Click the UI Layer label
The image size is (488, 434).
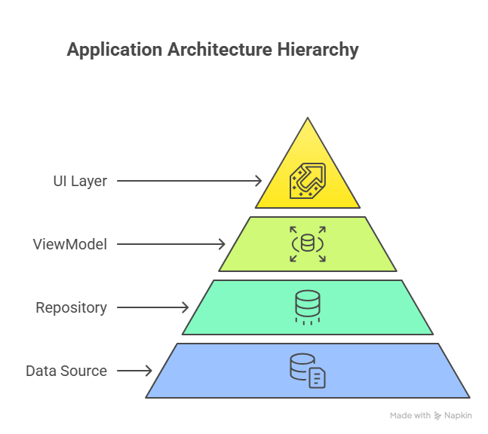[x=80, y=181]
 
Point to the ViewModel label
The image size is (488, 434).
[x=70, y=244]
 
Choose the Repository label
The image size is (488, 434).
[x=71, y=307]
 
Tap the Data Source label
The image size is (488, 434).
[x=66, y=371]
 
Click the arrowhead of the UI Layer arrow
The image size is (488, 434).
[x=259, y=181]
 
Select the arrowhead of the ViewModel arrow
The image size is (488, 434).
[x=222, y=244]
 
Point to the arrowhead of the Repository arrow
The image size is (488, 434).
[x=186, y=307]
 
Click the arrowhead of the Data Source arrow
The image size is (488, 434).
[x=149, y=371]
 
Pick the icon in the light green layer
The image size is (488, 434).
[x=308, y=244]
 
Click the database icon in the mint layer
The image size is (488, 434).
[x=308, y=307]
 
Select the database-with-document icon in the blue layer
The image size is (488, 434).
[x=308, y=371]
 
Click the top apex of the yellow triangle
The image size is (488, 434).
[x=308, y=119]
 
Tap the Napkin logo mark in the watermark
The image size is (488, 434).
[x=438, y=416]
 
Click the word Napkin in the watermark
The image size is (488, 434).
[x=459, y=416]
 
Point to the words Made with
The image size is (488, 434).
[x=410, y=416]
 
